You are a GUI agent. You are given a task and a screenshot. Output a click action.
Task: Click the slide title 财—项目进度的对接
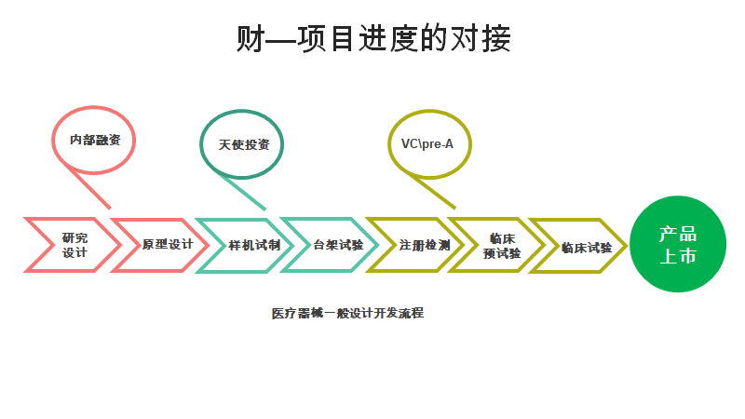coord(372,39)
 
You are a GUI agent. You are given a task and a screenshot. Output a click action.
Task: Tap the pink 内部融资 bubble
coord(94,141)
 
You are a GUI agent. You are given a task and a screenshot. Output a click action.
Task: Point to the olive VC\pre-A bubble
coord(427,143)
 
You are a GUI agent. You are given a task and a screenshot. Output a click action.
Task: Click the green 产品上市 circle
coord(677,245)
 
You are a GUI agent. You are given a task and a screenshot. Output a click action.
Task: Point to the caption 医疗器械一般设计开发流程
coord(347,314)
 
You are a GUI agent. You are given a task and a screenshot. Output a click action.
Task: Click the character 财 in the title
coord(251,39)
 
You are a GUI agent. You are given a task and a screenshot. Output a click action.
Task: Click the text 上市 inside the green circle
coord(677,257)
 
